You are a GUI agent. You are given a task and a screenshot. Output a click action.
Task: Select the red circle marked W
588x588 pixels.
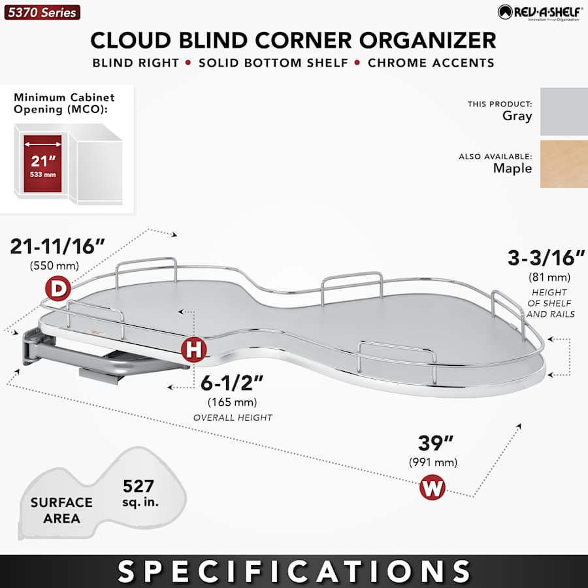[x=432, y=487]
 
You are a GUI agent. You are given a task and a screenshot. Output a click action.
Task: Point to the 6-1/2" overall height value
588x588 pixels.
[x=232, y=382]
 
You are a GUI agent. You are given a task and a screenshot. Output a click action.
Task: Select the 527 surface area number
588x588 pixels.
[x=139, y=486]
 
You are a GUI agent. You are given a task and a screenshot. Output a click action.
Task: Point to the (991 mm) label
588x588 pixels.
[x=433, y=463]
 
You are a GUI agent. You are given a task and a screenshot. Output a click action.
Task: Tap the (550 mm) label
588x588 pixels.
[x=54, y=266]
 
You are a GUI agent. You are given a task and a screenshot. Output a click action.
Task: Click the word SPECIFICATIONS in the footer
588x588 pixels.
[x=294, y=571]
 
